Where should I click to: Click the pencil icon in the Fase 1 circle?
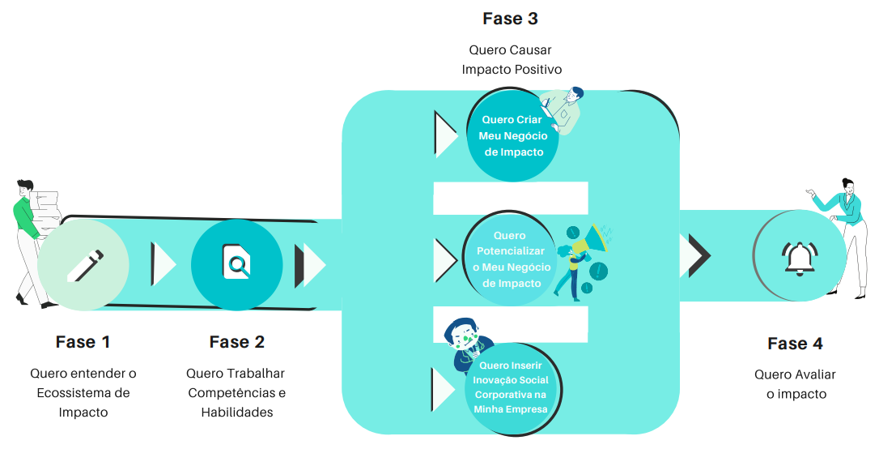pos(84,265)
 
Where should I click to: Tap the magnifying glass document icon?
pos(236,263)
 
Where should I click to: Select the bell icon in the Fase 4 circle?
pos(799,257)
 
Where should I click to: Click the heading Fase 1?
pos(83,342)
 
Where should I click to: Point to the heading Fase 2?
pos(236,342)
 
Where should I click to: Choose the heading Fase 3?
pos(510,18)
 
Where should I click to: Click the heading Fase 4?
pos(795,344)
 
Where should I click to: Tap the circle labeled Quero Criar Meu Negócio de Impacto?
pos(512,136)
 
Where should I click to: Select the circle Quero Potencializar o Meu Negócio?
pos(511,259)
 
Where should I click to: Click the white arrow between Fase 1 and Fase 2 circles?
pos(163,264)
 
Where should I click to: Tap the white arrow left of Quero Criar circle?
pos(445,134)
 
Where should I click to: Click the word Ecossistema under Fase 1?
pos(83,393)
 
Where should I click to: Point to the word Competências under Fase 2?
pos(237,393)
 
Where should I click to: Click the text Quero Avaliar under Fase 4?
pos(795,374)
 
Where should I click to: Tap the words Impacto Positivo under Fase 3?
pos(512,70)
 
